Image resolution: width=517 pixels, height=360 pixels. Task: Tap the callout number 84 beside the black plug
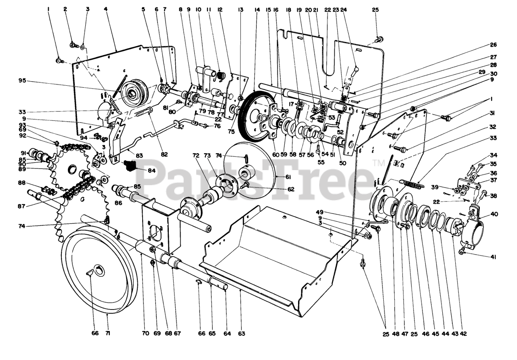pos(151,171)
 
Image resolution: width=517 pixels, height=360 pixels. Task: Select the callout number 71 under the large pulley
pos(108,333)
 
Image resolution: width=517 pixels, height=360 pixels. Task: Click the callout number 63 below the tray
pos(242,333)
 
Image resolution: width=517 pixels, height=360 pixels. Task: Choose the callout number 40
pos(494,214)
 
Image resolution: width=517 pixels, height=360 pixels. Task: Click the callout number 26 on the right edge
pos(494,45)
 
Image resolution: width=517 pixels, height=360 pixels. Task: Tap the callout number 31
pos(494,113)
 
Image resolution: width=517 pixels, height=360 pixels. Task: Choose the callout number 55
pos(321,162)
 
